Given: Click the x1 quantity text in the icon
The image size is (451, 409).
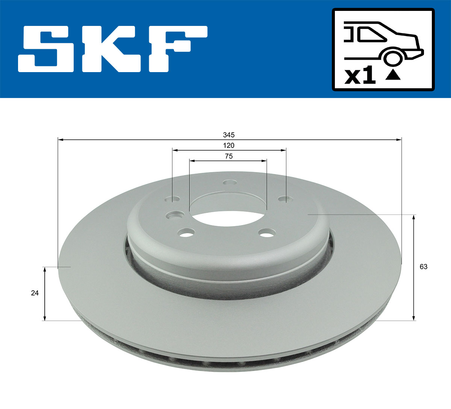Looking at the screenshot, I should [x=360, y=76].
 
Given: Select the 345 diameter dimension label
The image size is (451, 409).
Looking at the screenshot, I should [x=229, y=135].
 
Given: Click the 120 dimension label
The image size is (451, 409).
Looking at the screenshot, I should [x=229, y=146].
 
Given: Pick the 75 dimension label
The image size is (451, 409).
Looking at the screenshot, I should [x=229, y=157].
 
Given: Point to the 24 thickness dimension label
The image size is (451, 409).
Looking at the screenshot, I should [x=35, y=293].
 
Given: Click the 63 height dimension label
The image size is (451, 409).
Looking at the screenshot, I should [x=424, y=267].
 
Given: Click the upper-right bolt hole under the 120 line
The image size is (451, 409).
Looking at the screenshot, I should [x=283, y=199].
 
